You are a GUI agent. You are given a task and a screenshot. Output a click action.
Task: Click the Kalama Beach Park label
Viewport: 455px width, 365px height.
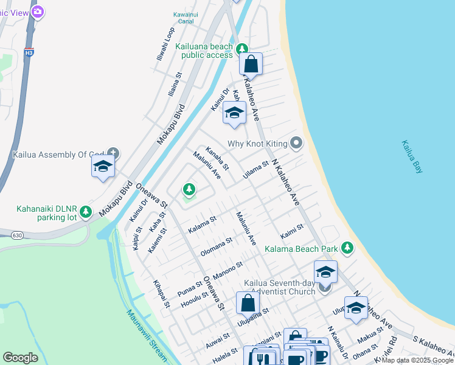(300, 249)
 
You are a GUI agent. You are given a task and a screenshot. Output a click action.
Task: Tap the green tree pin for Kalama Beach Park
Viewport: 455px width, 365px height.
(347, 248)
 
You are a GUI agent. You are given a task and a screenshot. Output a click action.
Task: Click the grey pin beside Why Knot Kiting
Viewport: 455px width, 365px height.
(296, 143)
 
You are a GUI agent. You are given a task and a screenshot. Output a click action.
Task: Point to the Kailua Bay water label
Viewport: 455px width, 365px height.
(412, 158)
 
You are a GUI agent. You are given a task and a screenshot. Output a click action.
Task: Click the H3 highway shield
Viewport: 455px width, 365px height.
(29, 53)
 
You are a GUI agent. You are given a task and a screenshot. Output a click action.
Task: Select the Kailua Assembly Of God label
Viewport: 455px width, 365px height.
(58, 155)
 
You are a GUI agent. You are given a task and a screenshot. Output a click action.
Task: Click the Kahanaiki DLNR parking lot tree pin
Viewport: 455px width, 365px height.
(86, 211)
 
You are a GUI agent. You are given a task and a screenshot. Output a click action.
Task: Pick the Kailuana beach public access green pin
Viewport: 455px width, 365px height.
(242, 49)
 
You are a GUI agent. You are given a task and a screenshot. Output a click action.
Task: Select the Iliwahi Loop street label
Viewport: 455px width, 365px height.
(164, 43)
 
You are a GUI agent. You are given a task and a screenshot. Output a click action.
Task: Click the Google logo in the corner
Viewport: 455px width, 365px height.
(20, 358)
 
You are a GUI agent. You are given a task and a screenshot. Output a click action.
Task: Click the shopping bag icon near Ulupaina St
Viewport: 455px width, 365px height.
(248, 302)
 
